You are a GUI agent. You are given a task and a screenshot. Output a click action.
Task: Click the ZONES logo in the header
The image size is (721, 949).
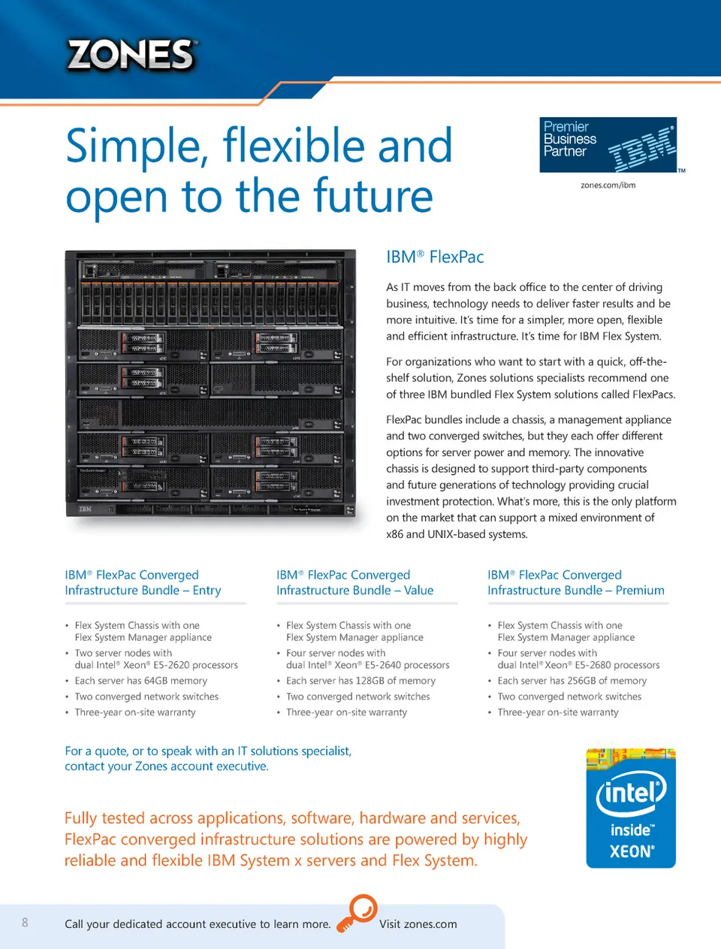point(131,55)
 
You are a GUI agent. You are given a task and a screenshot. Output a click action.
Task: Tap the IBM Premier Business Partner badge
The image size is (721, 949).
point(608,145)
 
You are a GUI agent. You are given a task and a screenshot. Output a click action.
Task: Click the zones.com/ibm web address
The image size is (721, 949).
point(608,185)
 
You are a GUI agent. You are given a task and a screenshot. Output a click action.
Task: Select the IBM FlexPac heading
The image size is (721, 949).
point(435,257)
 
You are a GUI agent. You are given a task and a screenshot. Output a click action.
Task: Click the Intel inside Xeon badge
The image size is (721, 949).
point(631,808)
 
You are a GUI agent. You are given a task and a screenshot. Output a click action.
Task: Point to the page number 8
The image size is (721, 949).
point(25,922)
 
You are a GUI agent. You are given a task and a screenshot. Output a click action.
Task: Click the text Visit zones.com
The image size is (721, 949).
point(418,924)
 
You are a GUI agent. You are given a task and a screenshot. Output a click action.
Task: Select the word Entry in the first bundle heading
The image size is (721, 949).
point(207,591)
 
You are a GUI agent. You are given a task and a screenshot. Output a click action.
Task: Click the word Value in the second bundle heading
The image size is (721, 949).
point(418,591)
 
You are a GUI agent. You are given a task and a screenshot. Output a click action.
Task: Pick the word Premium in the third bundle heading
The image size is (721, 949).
point(640,591)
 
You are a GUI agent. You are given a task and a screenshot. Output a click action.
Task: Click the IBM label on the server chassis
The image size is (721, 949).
point(86,509)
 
